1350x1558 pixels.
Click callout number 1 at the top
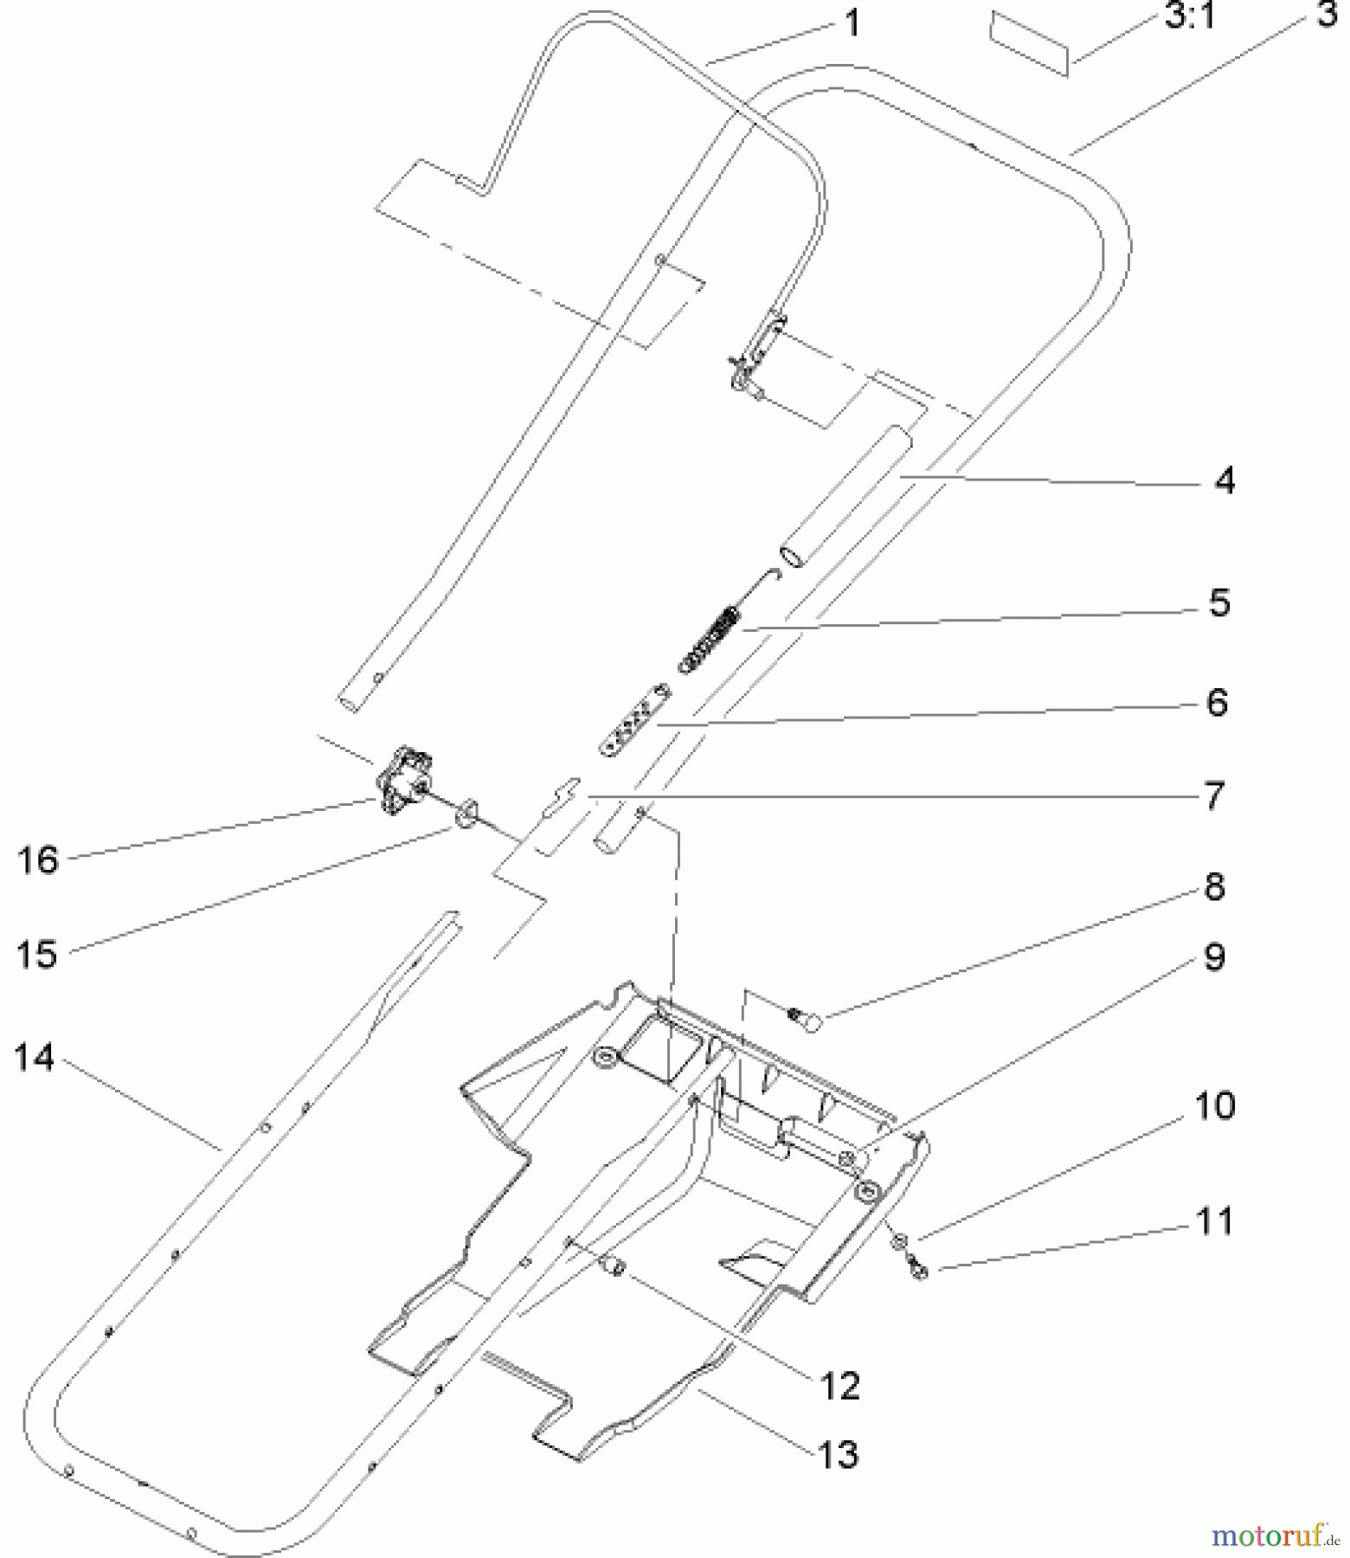tap(852, 23)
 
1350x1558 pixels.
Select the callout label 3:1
tap(1191, 16)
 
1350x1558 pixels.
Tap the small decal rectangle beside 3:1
tap(1030, 43)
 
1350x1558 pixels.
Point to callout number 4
tap(1224, 480)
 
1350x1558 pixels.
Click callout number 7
tap(1214, 795)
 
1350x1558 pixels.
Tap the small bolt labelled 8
tap(807, 1020)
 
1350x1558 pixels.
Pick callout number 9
tap(1214, 957)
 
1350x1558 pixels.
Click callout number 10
tap(1214, 1105)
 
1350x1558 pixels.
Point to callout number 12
tap(839, 1386)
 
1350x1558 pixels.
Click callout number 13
tap(837, 1454)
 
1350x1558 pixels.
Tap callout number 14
tap(35, 1058)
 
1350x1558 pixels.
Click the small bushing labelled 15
tap(467, 813)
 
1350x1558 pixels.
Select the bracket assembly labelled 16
tap(403, 779)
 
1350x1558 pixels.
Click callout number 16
tap(37, 860)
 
